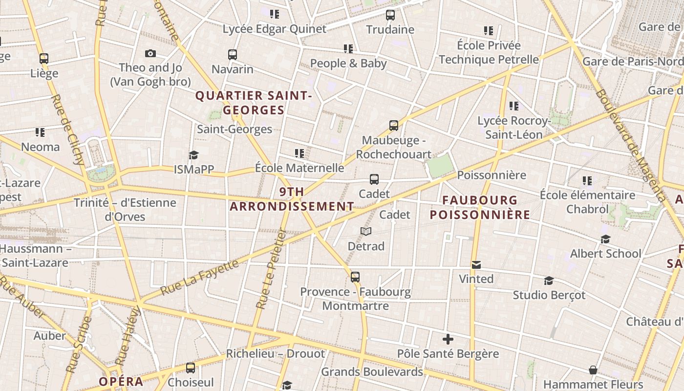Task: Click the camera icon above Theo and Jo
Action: click(150, 54)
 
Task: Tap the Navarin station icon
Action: click(233, 55)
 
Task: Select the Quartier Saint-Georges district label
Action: click(254, 103)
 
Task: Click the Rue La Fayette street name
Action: click(200, 277)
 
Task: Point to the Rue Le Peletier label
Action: click(270, 269)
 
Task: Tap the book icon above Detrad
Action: click(366, 231)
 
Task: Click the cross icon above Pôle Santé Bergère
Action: click(448, 339)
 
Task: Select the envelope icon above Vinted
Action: click(476, 264)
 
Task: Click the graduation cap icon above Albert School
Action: click(605, 239)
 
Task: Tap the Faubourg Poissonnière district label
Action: click(480, 207)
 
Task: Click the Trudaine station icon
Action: click(390, 15)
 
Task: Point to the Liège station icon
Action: click(44, 59)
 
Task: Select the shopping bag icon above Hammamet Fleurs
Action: click(593, 370)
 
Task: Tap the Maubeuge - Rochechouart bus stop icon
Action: click(394, 126)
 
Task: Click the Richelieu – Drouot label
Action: click(275, 353)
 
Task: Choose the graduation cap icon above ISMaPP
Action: click(194, 155)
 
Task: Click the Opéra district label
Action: click(121, 381)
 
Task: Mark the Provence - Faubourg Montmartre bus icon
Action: click(355, 277)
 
